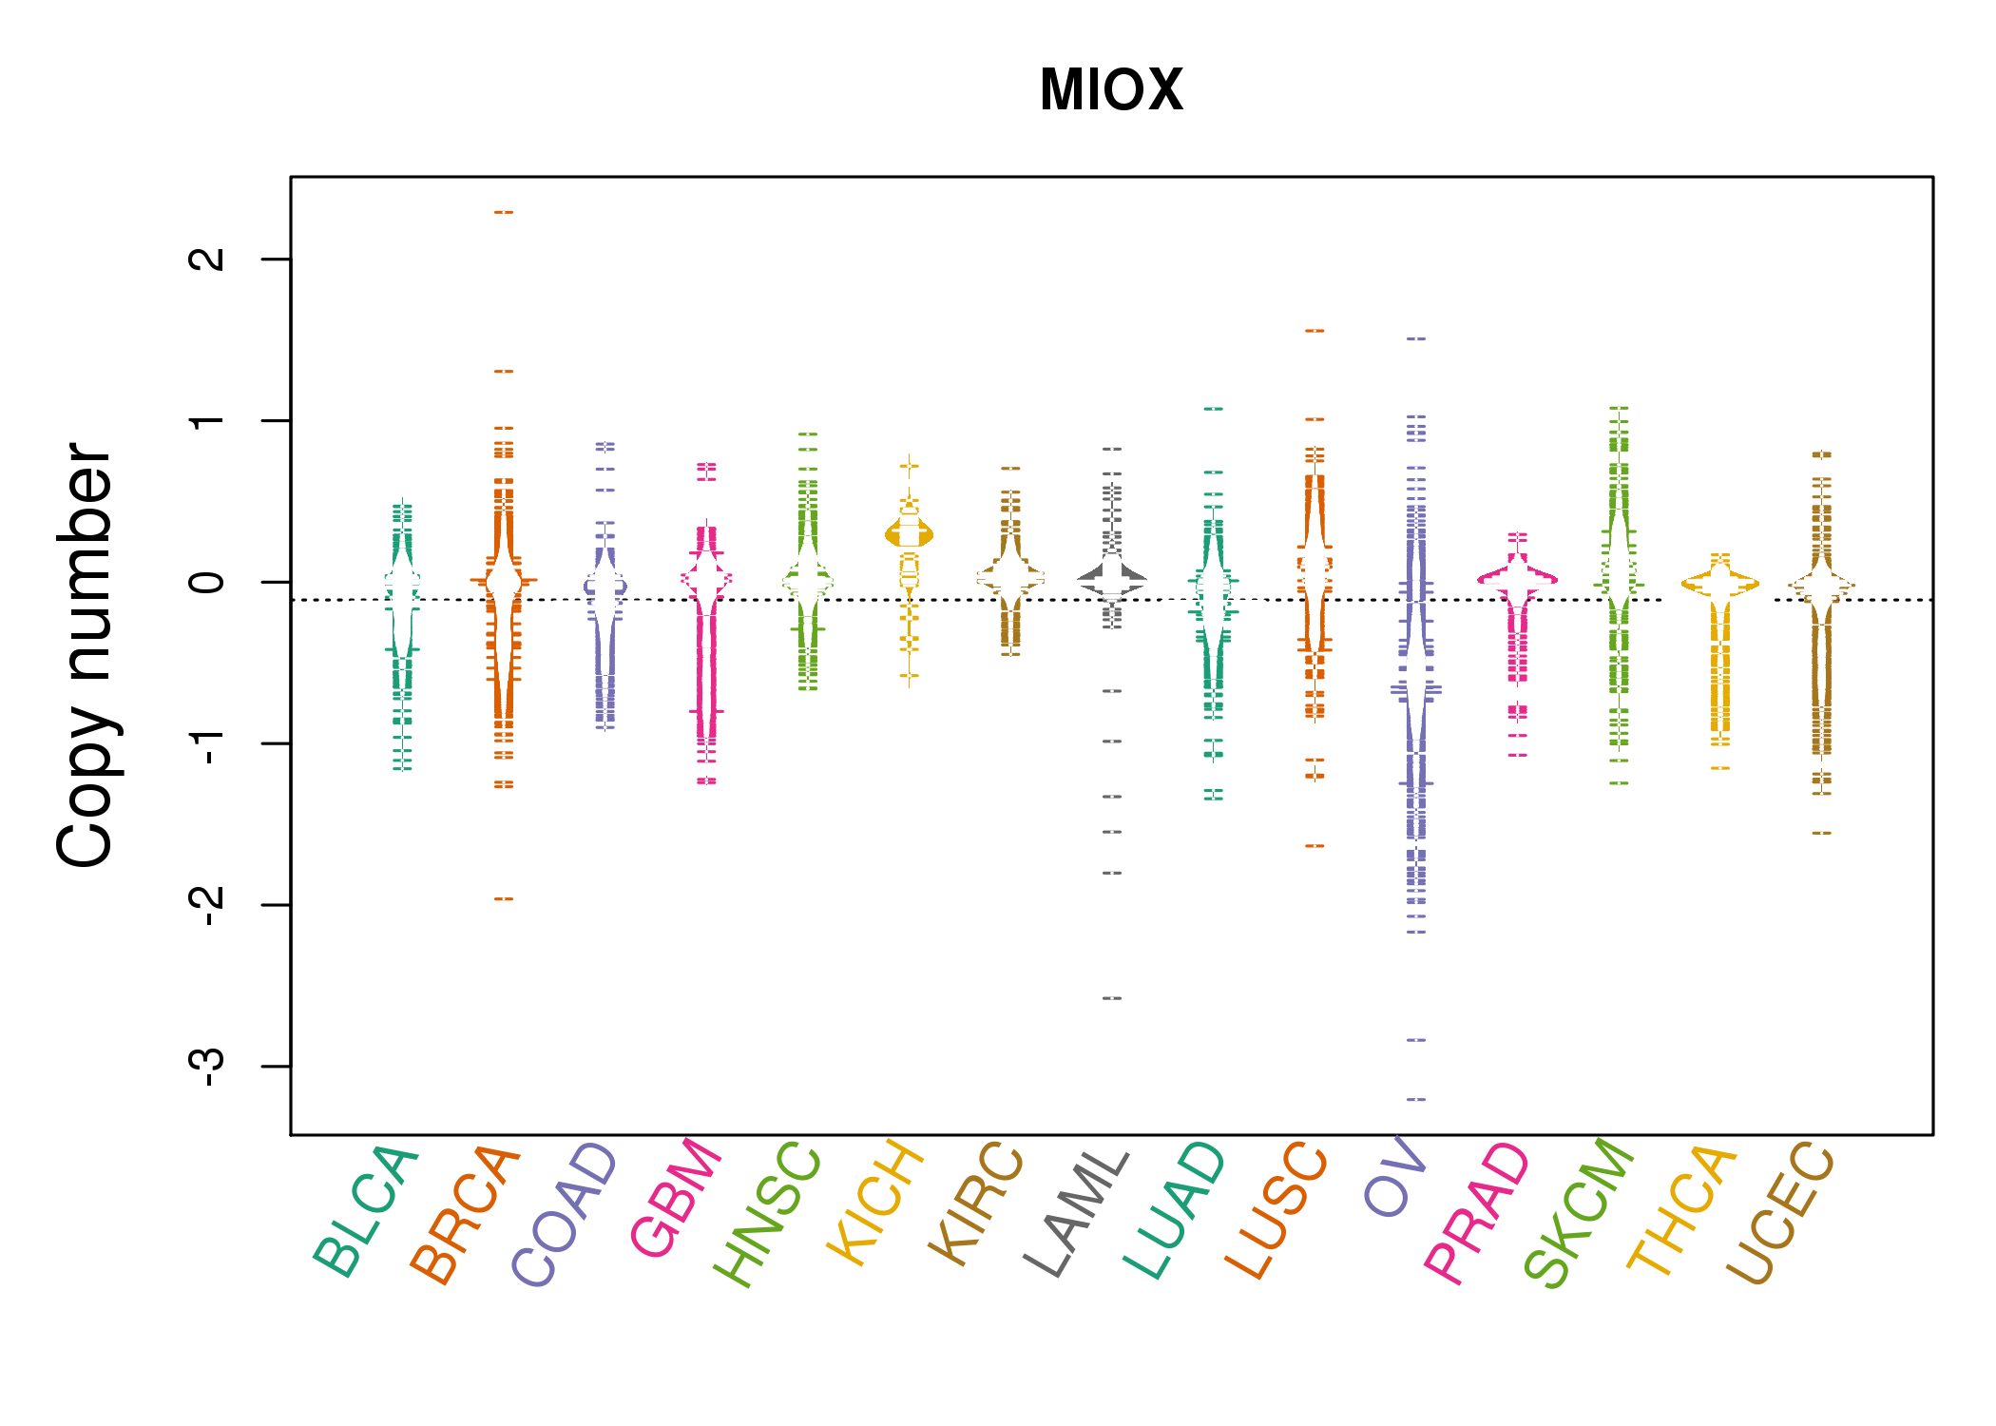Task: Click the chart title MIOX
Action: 1111,90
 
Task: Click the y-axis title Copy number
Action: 86,655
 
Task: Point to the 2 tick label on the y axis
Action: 207,259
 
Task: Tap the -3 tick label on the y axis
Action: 207,1067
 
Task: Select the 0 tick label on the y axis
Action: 207,582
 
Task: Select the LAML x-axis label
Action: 1078,1213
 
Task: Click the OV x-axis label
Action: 1395,1177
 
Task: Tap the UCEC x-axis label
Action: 1780,1214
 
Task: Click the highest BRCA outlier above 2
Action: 504,212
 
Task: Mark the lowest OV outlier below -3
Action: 1416,1099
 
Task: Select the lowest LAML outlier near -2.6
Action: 1112,998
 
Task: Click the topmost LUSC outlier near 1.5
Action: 1315,331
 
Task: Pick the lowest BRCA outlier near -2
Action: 504,898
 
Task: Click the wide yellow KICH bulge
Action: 910,535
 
